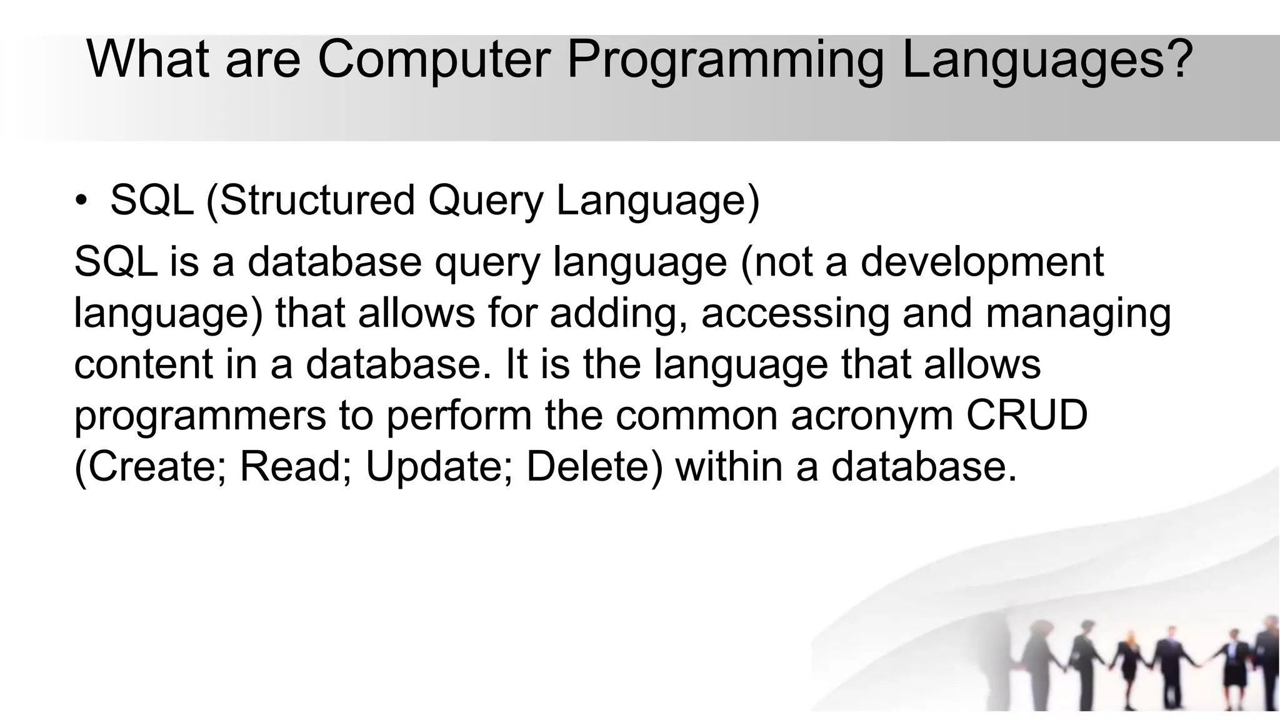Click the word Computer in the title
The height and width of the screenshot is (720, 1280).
[x=434, y=59]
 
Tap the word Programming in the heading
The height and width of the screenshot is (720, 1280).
[x=724, y=59]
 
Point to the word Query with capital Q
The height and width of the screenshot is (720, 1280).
[x=486, y=201]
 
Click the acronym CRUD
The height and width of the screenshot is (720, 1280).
[x=1027, y=415]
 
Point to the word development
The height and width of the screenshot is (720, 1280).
[x=982, y=262]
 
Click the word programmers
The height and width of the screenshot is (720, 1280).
[x=200, y=416]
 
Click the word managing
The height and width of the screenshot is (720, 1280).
[x=1078, y=314]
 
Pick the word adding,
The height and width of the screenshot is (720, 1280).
[x=619, y=312]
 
